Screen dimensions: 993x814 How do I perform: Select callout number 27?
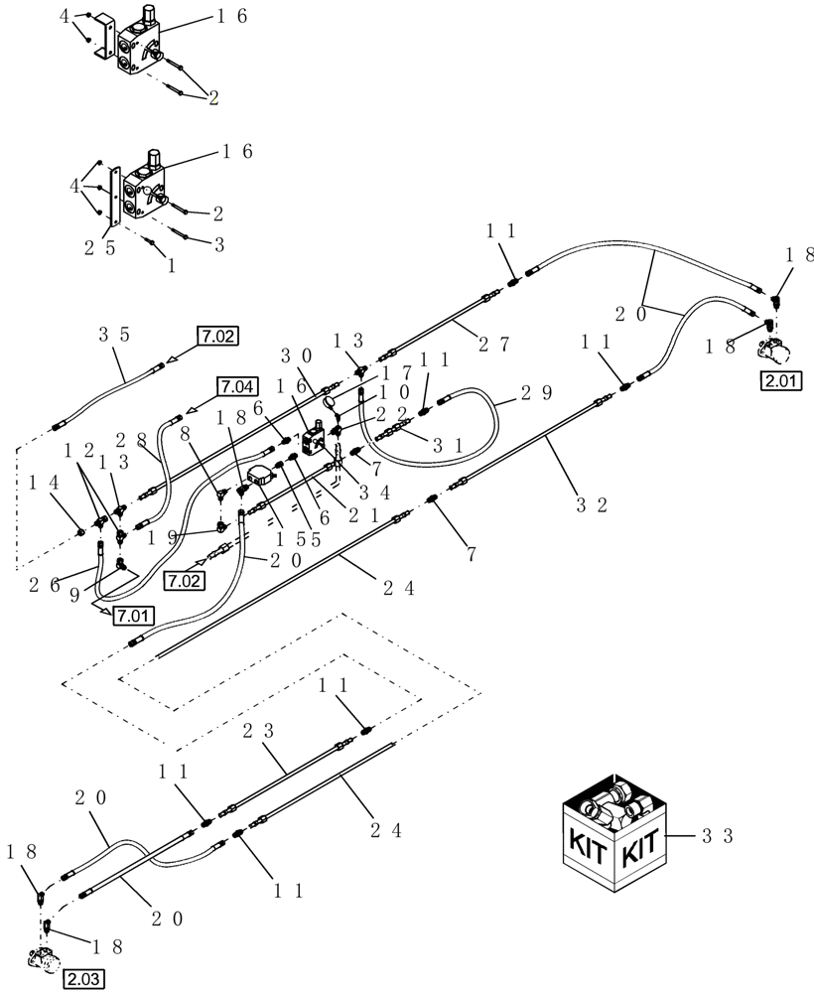click(x=492, y=345)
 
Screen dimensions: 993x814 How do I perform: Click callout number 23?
click(x=256, y=733)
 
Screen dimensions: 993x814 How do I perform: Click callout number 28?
click(x=134, y=438)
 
